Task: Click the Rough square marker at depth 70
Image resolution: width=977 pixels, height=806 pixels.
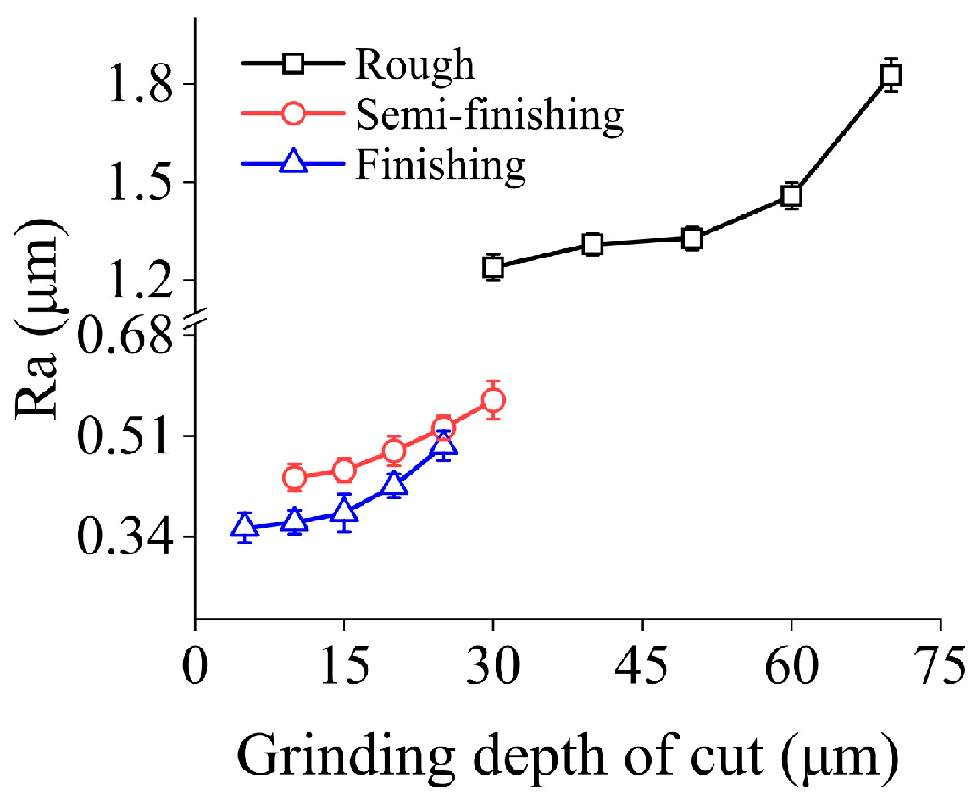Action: (890, 75)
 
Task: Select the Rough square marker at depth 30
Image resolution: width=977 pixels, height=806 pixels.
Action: (493, 267)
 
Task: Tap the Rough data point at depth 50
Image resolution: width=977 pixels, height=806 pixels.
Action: (692, 239)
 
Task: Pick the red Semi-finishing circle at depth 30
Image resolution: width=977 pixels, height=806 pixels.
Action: (493, 400)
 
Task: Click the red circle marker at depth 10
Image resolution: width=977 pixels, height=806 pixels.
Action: (294, 478)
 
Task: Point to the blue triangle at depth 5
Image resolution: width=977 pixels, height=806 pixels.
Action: (244, 526)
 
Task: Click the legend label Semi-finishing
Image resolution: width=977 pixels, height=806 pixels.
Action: (490, 114)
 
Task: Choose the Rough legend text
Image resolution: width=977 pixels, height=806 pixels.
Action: (415, 64)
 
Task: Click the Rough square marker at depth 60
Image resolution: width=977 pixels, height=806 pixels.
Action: (791, 196)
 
